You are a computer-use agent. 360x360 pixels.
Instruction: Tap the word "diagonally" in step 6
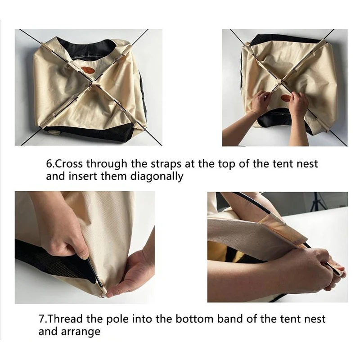(x=157, y=177)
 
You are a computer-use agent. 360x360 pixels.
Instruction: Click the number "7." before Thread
(x=42, y=319)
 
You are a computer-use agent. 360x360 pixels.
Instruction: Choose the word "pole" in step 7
(x=118, y=319)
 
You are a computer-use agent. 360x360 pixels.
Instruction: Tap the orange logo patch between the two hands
(x=286, y=98)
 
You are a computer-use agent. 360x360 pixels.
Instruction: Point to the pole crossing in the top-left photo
(x=93, y=82)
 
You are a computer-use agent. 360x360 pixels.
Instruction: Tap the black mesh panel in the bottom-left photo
(x=53, y=262)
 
